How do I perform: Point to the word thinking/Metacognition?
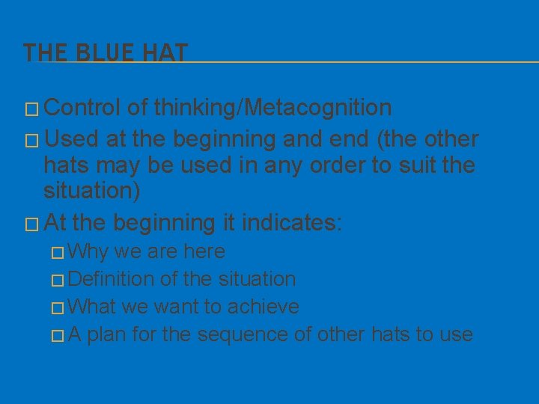272,108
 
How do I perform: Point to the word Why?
91,251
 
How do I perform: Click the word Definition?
112,279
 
